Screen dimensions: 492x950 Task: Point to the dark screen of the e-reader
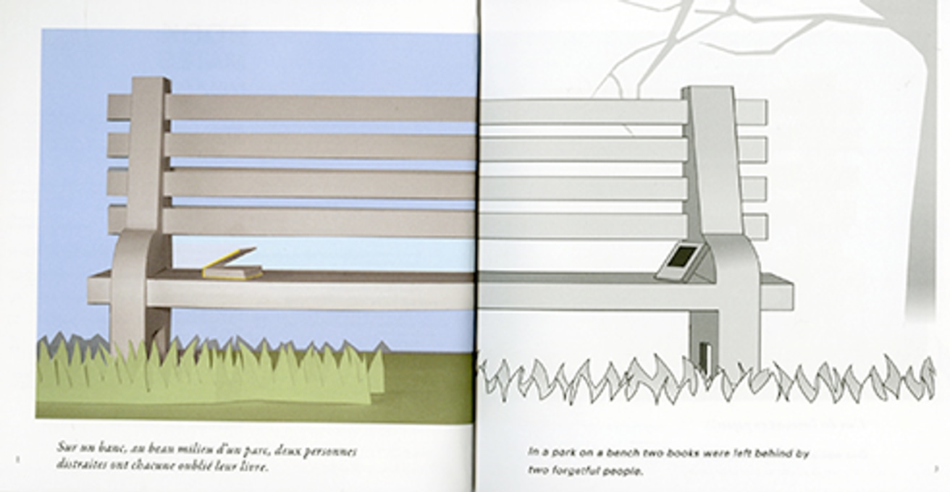point(681,255)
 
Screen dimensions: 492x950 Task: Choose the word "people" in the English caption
point(623,471)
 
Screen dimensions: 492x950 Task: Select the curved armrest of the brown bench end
point(130,268)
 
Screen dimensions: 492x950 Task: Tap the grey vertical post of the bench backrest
point(712,159)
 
